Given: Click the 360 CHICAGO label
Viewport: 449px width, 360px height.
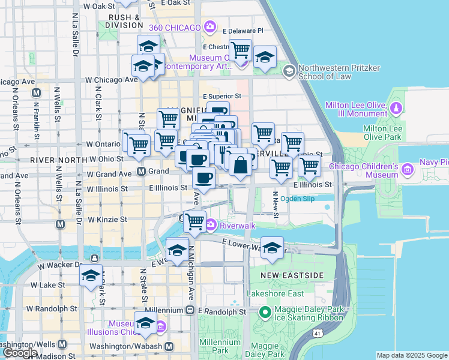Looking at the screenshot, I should [x=176, y=27].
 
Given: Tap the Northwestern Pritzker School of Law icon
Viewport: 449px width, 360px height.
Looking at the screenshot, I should [x=289, y=72].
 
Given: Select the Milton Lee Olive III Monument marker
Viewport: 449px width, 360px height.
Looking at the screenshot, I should [x=396, y=109].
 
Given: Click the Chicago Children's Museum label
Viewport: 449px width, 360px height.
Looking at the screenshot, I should [x=364, y=170].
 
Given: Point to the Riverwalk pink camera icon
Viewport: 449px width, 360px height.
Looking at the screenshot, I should [x=211, y=226].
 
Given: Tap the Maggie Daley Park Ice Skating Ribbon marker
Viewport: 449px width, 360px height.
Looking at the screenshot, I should [x=265, y=313].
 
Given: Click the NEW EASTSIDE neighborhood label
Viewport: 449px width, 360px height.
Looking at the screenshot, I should [x=292, y=275].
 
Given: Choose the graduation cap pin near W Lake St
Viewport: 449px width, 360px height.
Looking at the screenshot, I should [x=91, y=276].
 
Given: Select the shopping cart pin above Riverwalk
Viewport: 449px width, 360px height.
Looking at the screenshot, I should [x=194, y=221].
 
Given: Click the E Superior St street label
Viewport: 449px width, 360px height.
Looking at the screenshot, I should [x=221, y=96].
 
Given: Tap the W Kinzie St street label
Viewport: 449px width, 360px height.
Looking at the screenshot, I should [x=107, y=220].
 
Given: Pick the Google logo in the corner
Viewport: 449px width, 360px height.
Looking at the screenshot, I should [x=20, y=353].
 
